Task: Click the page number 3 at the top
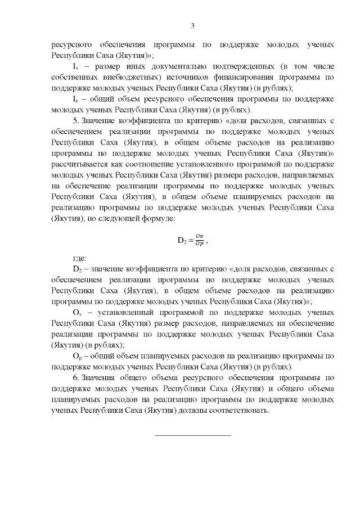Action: [x=192, y=25]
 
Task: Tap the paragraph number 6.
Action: [x=75, y=377]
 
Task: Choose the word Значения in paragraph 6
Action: [x=99, y=377]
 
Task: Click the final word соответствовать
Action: [x=236, y=410]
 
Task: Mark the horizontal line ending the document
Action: [x=192, y=435]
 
